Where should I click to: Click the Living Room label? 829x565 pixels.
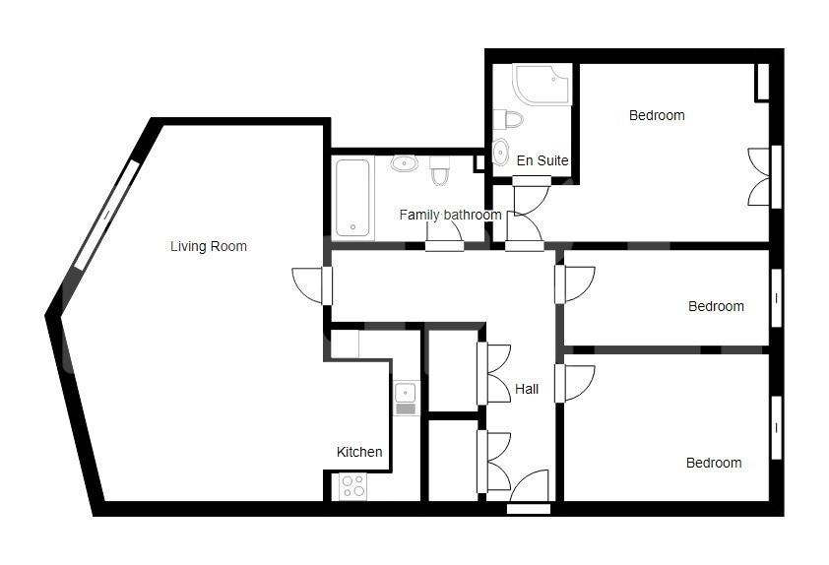pyautogui.click(x=209, y=246)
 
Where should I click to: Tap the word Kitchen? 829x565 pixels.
pyautogui.click(x=359, y=452)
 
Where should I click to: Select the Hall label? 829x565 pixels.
pyautogui.click(x=527, y=389)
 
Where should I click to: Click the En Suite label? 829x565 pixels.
pyautogui.click(x=542, y=160)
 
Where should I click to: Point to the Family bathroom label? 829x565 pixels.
pyautogui.click(x=451, y=216)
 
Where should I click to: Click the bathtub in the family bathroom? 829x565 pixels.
pyautogui.click(x=352, y=198)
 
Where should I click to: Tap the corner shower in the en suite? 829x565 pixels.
pyautogui.click(x=542, y=85)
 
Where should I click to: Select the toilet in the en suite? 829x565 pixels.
pyautogui.click(x=508, y=119)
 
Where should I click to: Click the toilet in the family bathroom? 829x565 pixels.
pyautogui.click(x=439, y=170)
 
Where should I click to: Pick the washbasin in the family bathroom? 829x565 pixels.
pyautogui.click(x=404, y=163)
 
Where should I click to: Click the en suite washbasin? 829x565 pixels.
pyautogui.click(x=500, y=153)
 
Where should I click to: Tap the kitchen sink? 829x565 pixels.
pyautogui.click(x=406, y=398)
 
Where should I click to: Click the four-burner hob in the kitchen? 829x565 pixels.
pyautogui.click(x=352, y=486)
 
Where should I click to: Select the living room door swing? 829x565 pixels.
pyautogui.click(x=308, y=285)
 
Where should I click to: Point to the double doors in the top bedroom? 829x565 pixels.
pyautogui.click(x=759, y=176)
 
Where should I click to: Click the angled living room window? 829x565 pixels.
pyautogui.click(x=106, y=215)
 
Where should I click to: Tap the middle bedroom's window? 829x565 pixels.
pyautogui.click(x=776, y=298)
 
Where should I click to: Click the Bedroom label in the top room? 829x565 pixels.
pyautogui.click(x=657, y=115)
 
